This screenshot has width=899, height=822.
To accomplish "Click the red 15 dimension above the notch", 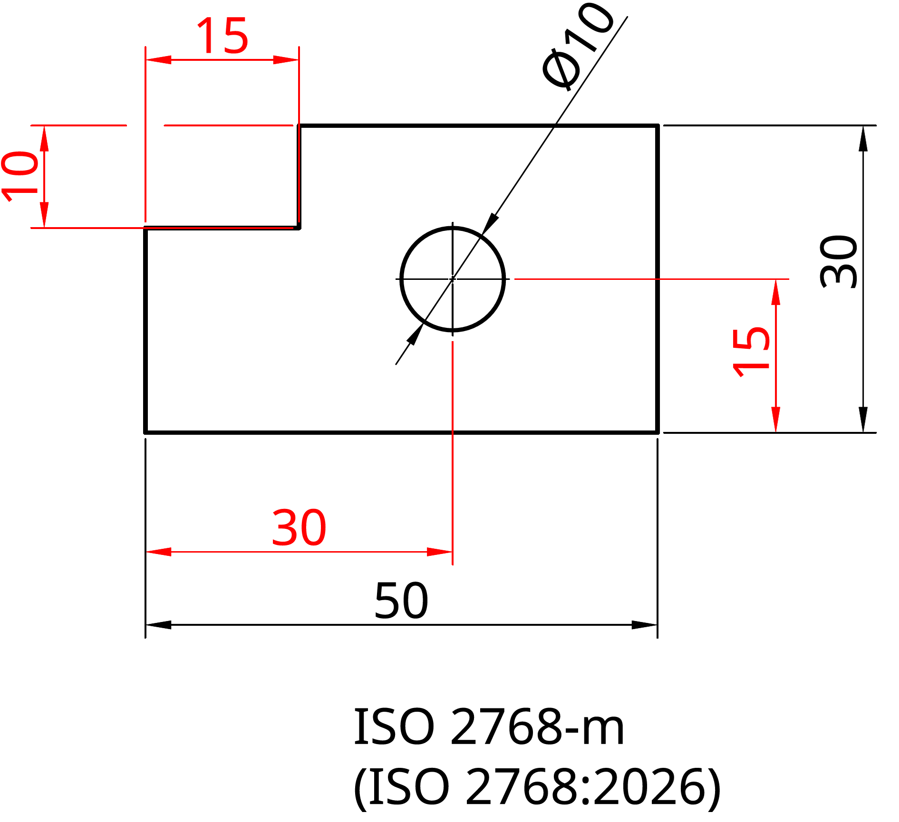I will coord(222,36).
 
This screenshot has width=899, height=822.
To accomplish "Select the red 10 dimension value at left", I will coord(20,176).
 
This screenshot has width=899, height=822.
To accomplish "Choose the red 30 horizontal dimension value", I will coord(299,527).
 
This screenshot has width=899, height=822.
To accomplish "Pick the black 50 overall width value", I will coord(401,601).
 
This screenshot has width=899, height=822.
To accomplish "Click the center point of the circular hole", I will coord(452,279).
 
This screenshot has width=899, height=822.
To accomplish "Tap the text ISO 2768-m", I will coord(489,727).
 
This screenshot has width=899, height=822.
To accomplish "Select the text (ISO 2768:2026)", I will coord(537,788).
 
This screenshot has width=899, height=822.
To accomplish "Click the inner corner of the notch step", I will coord(299,228).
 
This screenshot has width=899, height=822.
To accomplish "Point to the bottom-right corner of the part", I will coord(657,432).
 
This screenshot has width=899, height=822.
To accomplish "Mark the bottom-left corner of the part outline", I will coord(145,432).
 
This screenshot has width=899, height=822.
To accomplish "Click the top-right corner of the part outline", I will coord(657,126).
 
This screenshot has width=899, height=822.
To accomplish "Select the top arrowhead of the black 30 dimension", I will coord(863,138).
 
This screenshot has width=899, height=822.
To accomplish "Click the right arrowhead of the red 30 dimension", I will coord(439,552).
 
